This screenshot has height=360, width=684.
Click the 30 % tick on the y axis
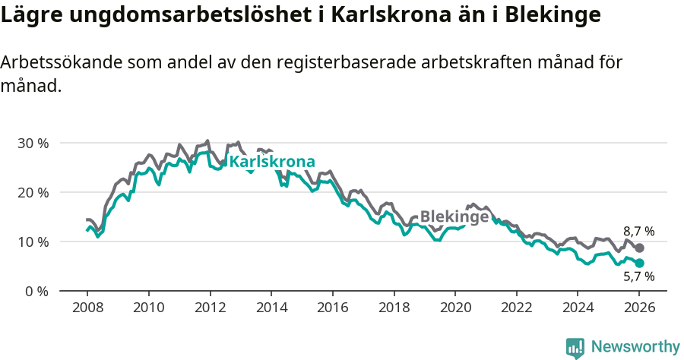33,143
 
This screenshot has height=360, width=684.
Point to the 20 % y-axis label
33,192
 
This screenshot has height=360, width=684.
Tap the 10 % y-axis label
33,242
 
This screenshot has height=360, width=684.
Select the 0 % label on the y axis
36,291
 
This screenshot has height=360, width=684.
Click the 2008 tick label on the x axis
87,310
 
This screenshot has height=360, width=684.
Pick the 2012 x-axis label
210,310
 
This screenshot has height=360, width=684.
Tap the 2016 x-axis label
332,310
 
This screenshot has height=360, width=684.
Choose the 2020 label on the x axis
455,310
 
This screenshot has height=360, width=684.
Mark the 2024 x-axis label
578,310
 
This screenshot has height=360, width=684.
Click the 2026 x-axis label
639,310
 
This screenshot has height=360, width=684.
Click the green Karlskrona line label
272,162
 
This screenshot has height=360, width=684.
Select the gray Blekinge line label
454,216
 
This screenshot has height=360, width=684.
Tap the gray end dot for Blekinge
640,248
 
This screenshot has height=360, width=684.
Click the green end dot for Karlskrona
640,263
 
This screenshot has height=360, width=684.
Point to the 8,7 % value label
638,231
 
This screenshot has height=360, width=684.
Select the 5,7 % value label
638,277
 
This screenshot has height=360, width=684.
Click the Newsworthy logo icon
575,348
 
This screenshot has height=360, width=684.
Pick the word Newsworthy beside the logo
635,347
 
